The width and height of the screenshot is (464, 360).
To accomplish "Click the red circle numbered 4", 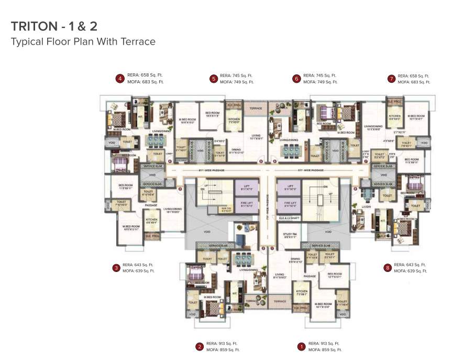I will [x=120, y=79].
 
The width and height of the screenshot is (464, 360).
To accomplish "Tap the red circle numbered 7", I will [x=391, y=79].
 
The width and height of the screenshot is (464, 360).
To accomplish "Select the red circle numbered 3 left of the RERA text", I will [x=116, y=268].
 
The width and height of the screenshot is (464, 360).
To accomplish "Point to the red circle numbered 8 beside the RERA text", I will [x=388, y=268].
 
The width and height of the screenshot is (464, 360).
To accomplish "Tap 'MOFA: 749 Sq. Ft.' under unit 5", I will [x=237, y=82].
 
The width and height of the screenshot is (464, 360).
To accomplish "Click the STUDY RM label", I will [x=290, y=234].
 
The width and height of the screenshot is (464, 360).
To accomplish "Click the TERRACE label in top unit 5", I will [x=255, y=108].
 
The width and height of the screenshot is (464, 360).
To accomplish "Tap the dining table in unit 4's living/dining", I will [x=156, y=140].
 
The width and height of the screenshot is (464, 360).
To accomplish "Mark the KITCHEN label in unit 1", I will [x=302, y=291].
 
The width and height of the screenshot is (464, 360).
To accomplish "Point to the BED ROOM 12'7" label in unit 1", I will [x=334, y=275].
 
